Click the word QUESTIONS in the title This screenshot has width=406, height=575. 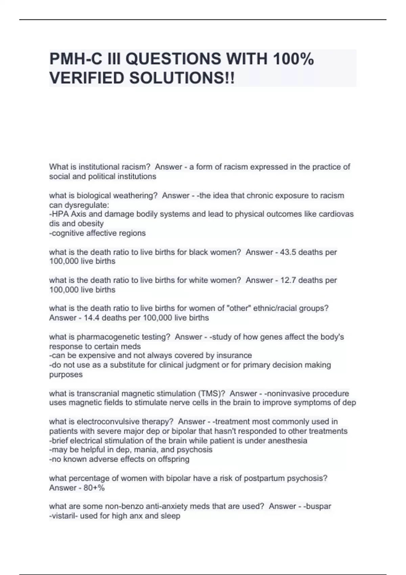[x=174, y=59]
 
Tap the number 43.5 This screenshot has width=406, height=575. [x=288, y=252]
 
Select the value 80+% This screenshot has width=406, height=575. [x=94, y=488]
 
